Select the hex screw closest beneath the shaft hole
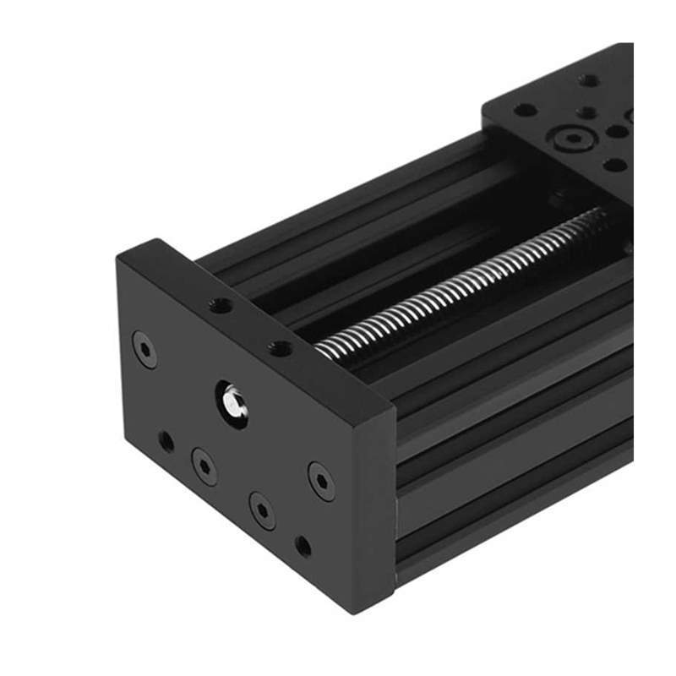pos(204,465)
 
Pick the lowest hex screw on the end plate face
pos(262,510)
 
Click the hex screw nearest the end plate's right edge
pos(321,480)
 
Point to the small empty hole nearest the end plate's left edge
pos(166,440)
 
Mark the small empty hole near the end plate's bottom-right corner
pos(303,546)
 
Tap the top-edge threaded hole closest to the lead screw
pos(280,347)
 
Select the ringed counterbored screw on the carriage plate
pos(575,137)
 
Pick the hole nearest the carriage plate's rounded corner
pos(524,110)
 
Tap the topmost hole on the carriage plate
pos(590,80)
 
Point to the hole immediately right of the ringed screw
pos(618,133)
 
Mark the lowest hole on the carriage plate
pos(615,165)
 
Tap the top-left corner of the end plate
pos(120,255)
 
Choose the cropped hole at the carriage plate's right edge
pos(630,115)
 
